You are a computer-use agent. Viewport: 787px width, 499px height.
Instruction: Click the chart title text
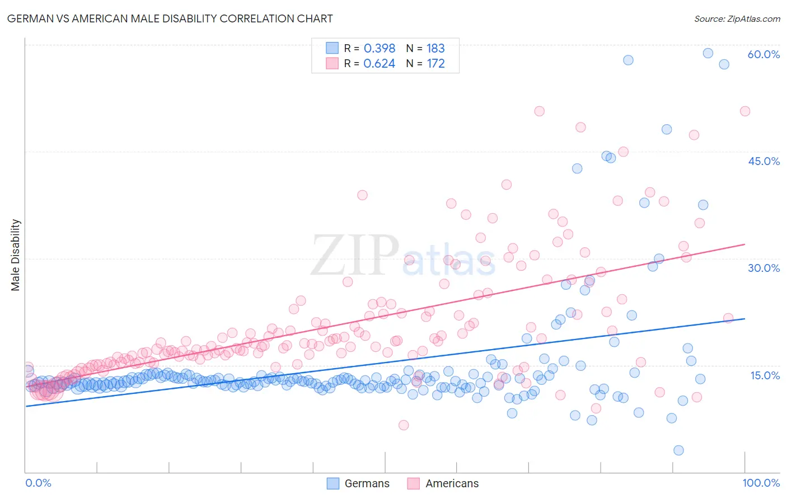[170, 18]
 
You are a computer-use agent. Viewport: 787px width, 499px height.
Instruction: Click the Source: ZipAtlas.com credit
[737, 18]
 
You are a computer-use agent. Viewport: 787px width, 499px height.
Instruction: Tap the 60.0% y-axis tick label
[763, 54]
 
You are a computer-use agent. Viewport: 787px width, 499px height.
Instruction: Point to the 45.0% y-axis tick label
[763, 161]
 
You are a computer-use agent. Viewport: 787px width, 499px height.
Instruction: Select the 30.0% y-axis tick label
[763, 268]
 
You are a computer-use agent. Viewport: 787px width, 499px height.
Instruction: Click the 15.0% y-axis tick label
[765, 375]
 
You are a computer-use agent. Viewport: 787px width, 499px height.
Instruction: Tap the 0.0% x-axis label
[38, 483]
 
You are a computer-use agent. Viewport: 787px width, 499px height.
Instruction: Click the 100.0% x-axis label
[761, 483]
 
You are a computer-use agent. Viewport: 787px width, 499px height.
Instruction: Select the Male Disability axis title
[16, 255]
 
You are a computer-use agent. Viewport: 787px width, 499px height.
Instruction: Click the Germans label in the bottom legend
[367, 483]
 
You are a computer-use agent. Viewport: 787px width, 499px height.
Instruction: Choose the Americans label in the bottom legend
[452, 483]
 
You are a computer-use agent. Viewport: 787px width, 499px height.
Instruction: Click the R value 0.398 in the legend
[380, 48]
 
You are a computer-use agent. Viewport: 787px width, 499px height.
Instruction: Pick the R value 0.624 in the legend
[380, 63]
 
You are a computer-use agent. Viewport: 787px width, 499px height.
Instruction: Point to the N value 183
[435, 48]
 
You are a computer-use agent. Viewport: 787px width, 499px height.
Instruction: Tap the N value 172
[435, 63]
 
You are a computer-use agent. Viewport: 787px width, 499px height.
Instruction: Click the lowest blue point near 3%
[678, 450]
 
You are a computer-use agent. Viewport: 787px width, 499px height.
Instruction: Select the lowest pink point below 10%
[404, 425]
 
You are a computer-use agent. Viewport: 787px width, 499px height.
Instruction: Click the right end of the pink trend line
[745, 244]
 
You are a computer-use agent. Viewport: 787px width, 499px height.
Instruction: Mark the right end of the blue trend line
[745, 318]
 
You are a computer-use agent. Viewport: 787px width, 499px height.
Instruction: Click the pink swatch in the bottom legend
[413, 483]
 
